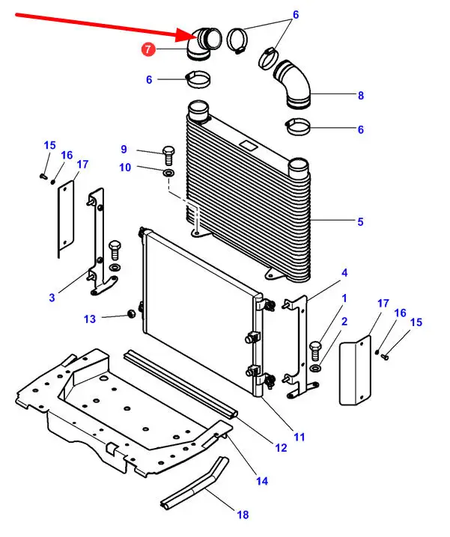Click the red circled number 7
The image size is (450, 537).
tap(148, 49)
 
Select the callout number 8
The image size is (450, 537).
tap(360, 96)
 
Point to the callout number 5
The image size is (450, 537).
tap(360, 221)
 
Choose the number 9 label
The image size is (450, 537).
tap(124, 149)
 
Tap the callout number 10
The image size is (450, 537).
tap(126, 168)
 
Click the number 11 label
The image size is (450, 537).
tap(300, 436)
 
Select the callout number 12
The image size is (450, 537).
tap(281, 448)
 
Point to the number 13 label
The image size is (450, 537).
tap(90, 319)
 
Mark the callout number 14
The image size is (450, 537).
tap(262, 482)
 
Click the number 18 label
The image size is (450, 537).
tap(242, 515)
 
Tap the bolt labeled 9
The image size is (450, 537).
tap(168, 157)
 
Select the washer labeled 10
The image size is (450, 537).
tap(169, 174)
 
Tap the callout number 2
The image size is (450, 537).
tap(344, 322)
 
